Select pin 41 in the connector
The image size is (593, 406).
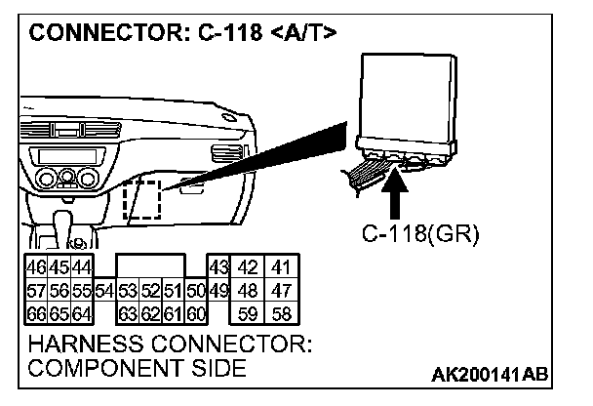click(283, 267)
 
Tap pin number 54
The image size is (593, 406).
click(106, 290)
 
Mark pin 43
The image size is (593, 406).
click(218, 267)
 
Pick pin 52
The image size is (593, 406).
click(150, 290)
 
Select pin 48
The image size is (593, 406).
click(250, 290)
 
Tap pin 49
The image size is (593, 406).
click(217, 290)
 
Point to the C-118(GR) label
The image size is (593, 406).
click(415, 235)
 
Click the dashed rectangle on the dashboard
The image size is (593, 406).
click(142, 199)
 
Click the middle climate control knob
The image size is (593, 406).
click(65, 178)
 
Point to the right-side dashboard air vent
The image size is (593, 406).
click(222, 151)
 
